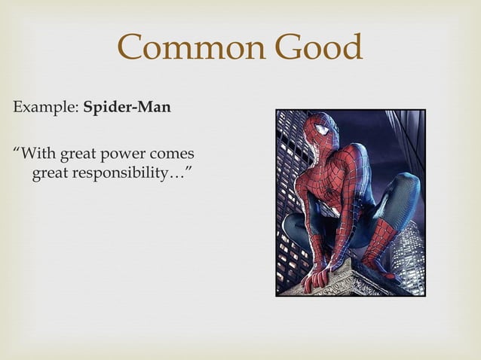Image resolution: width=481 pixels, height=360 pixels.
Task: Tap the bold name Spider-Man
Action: [127, 108]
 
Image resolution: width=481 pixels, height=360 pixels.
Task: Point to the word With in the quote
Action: [36, 156]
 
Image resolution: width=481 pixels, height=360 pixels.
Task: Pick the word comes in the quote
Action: [174, 156]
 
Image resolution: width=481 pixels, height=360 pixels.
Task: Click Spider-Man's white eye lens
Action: [322, 131]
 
